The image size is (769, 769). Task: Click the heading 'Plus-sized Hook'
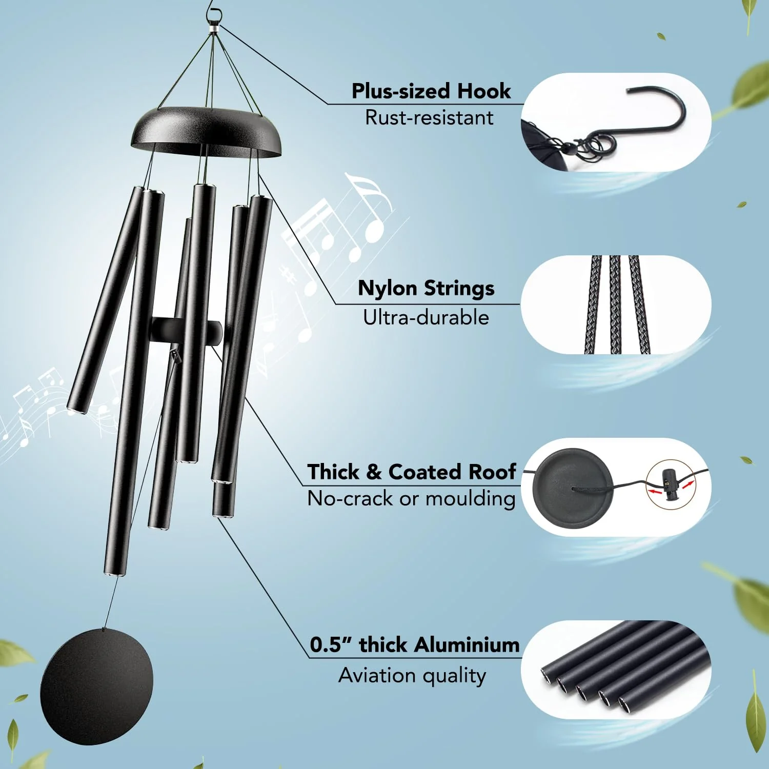coord(431,91)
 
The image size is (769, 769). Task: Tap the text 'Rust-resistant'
coord(429,118)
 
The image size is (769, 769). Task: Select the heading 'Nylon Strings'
coord(426,288)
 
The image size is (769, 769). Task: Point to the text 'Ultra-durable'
coord(426,318)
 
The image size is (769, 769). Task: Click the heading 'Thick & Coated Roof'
coord(412,472)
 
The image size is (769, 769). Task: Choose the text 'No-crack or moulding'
coord(412,498)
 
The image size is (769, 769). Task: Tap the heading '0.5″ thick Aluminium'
coord(415,644)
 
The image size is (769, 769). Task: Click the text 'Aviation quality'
coord(412,676)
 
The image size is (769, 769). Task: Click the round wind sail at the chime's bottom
coord(96,686)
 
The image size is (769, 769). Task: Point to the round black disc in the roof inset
coord(572,487)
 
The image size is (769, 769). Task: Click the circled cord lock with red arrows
coord(671,485)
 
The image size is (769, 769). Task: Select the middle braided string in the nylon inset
coord(615,305)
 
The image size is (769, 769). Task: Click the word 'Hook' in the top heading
coord(484,91)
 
